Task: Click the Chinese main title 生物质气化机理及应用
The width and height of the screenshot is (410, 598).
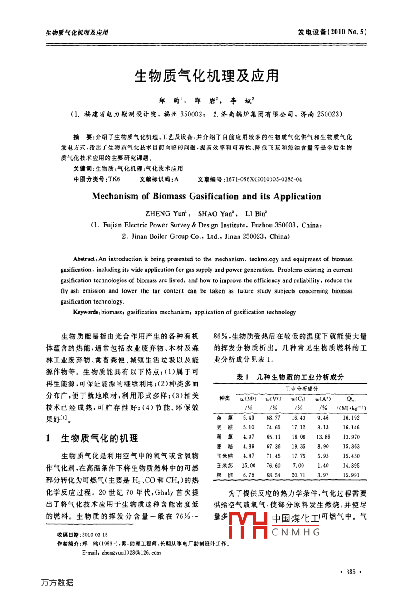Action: tap(206, 76)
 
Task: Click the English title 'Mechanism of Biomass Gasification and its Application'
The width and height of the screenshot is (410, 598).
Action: tap(206, 197)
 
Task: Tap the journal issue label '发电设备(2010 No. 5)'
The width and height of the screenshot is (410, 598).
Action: tap(332, 32)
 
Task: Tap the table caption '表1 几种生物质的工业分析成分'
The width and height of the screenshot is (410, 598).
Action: tap(290, 377)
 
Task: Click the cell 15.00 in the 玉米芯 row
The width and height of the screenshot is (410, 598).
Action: tap(249, 466)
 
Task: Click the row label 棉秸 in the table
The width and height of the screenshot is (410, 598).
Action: tap(225, 475)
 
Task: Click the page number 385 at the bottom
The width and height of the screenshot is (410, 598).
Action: tap(351, 572)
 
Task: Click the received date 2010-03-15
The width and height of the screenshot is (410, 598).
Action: tap(95, 535)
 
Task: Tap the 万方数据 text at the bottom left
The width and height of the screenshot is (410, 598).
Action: tap(57, 583)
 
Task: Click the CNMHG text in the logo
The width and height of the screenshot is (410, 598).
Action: tap(296, 532)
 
